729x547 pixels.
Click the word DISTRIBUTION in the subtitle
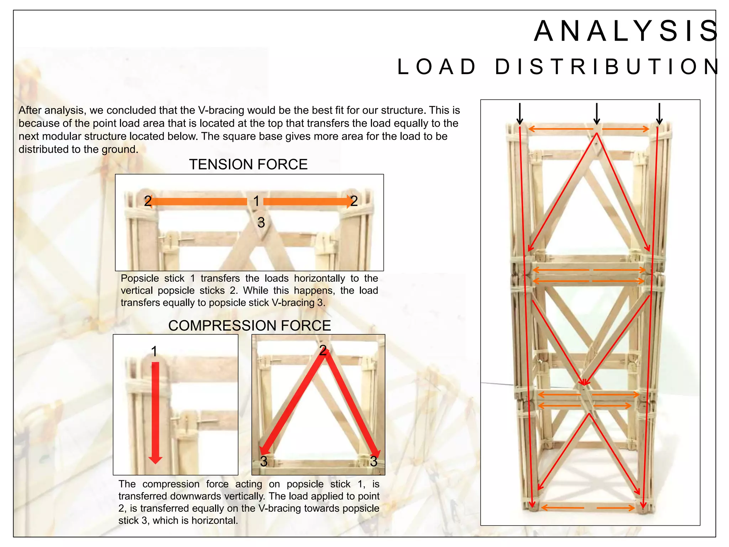(607, 67)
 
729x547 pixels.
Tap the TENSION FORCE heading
(248, 165)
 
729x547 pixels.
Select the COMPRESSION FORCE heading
(250, 326)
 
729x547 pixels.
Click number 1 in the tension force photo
(256, 202)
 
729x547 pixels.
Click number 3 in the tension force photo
(261, 223)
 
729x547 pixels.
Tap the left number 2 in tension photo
(148, 202)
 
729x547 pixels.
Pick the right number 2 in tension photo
(354, 202)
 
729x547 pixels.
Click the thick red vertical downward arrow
(155, 413)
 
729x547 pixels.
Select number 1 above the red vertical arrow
(154, 352)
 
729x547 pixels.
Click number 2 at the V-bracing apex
(323, 350)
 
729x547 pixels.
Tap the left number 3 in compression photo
(264, 462)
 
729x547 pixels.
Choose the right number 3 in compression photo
(373, 462)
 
